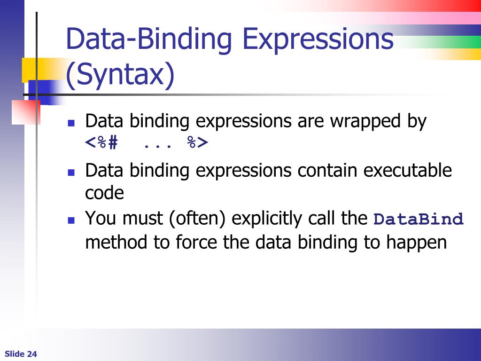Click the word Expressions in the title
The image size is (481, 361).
[x=318, y=39]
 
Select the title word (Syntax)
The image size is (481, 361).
[x=120, y=75]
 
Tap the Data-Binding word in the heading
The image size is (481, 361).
[x=149, y=39]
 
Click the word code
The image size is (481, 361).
[x=104, y=193]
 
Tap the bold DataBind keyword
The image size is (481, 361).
[x=419, y=220]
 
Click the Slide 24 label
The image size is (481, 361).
[x=21, y=354]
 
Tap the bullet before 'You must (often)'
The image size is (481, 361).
[x=71, y=220]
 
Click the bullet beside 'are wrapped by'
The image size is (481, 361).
[x=71, y=123]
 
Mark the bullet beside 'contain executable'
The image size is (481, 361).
[x=71, y=172]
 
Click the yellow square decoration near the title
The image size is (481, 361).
[x=34, y=69]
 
